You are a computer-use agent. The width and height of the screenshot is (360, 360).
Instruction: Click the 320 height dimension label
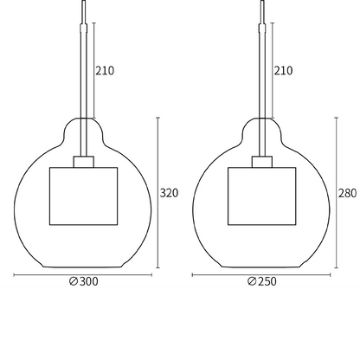coord(169,193)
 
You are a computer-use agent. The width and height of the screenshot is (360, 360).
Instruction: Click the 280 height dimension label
coord(347,193)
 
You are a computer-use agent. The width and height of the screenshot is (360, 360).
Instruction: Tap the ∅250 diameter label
coord(261,282)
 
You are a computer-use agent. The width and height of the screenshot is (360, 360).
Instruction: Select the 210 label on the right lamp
coord(283,72)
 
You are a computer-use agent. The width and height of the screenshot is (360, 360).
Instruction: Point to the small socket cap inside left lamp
coord(83,162)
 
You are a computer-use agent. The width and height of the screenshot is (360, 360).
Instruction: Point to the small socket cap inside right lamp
coord(261,162)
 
